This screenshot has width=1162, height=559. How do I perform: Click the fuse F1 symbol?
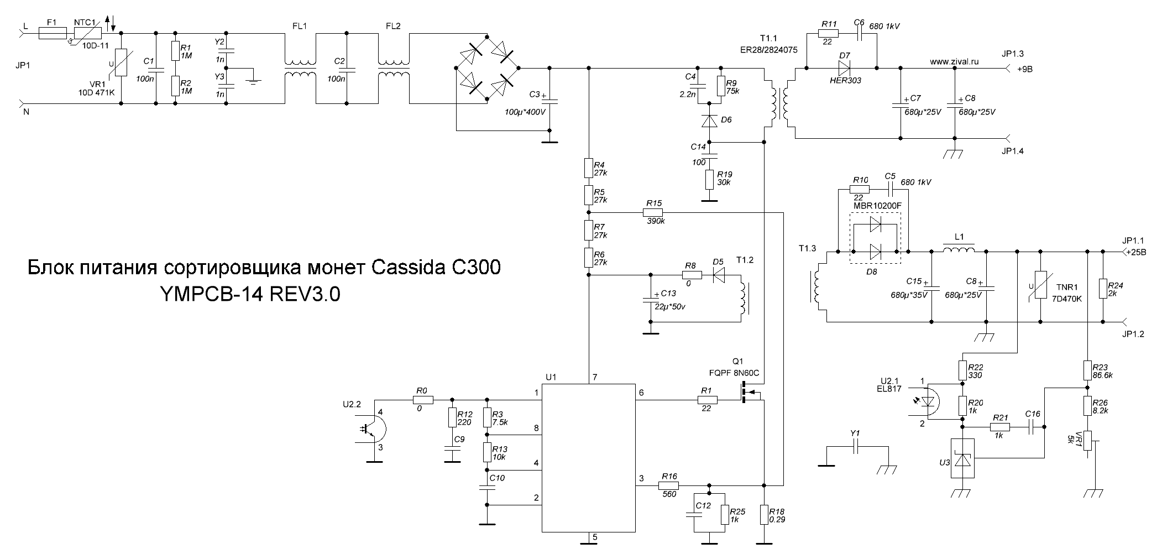[52, 34]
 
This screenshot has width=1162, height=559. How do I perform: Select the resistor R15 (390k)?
[653, 212]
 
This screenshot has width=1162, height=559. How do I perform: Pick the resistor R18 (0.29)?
[763, 515]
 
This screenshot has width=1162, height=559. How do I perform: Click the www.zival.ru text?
[954, 62]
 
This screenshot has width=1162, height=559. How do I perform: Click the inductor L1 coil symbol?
[959, 252]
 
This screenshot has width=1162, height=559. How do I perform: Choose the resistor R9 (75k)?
[720, 86]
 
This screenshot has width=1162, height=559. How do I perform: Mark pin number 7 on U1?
[595, 378]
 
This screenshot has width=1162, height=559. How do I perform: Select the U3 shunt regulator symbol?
[962, 458]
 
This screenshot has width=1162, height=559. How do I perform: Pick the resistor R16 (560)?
[668, 485]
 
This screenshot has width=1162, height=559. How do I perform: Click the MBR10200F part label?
[878, 206]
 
